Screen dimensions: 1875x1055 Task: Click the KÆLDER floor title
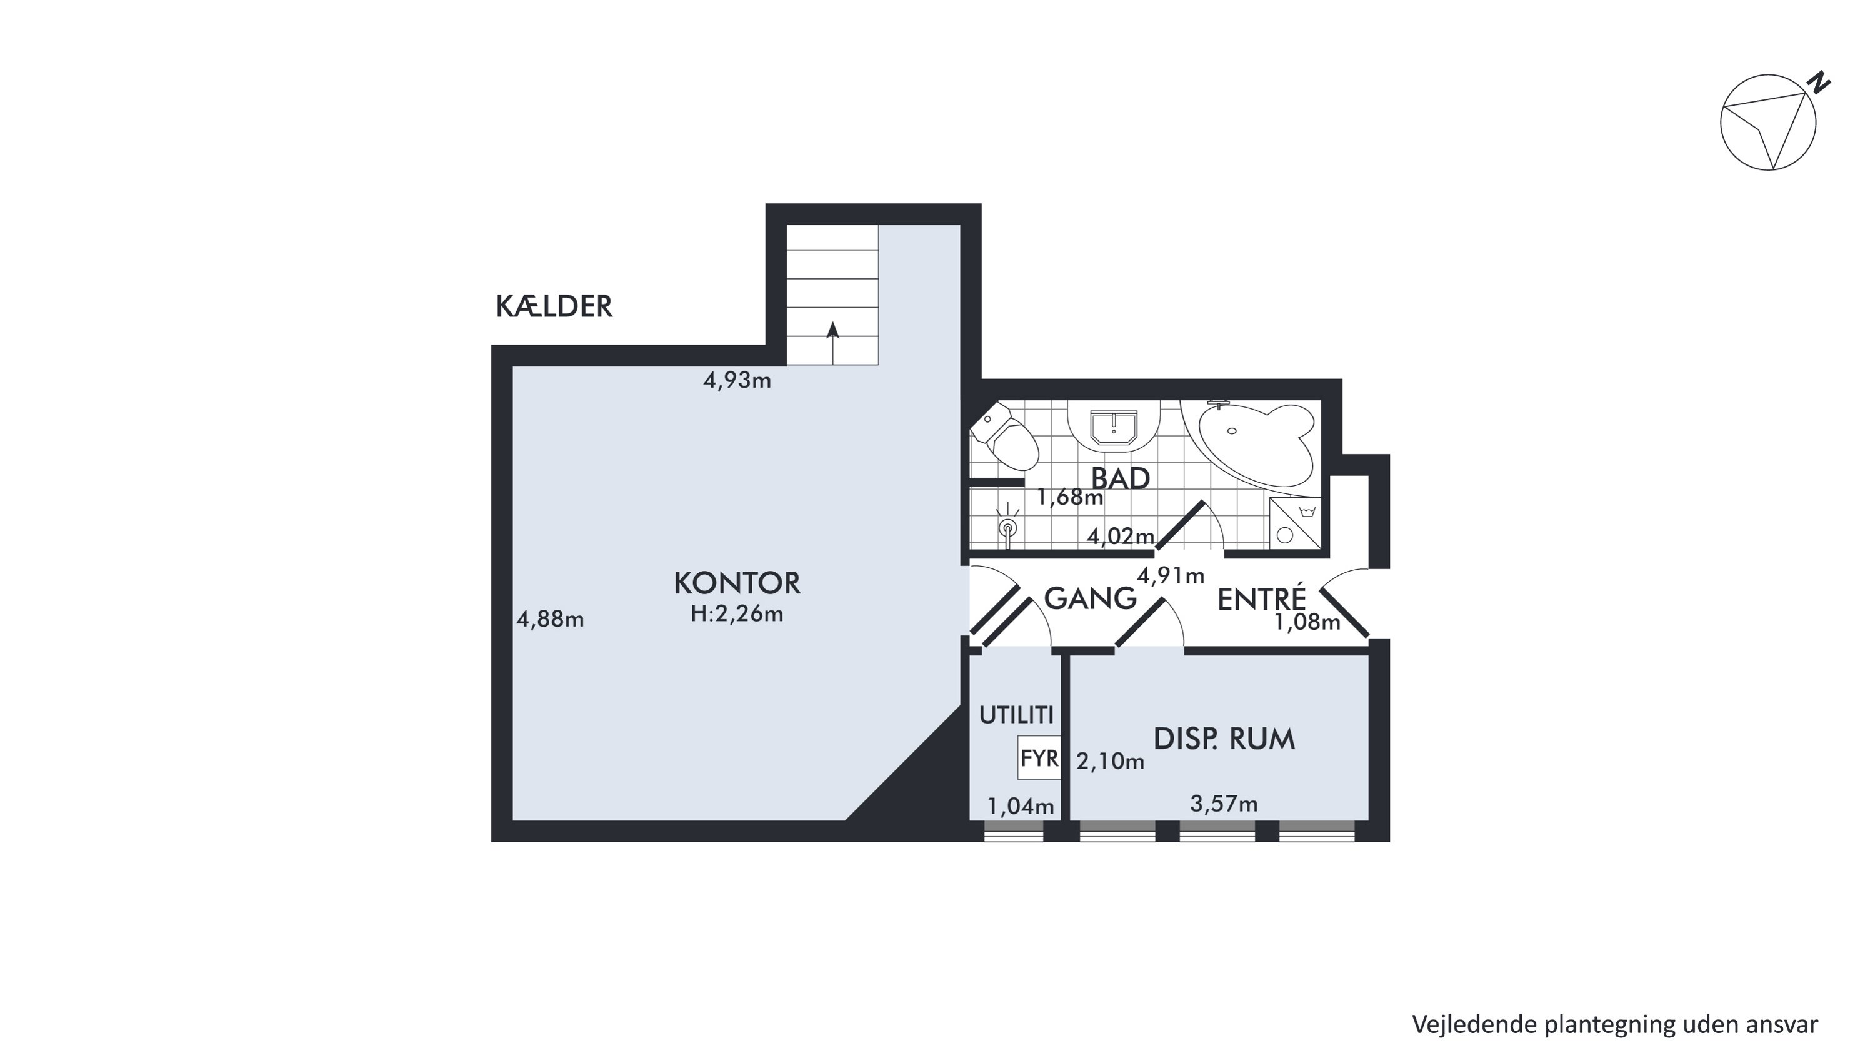(x=554, y=306)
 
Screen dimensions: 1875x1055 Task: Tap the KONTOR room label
(x=737, y=583)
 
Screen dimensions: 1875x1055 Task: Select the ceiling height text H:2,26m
(x=737, y=613)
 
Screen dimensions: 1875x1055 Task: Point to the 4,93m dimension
(x=737, y=380)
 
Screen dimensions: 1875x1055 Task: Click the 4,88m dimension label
(x=550, y=619)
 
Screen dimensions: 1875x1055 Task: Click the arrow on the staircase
(x=833, y=342)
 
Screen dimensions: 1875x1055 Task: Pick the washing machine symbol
(x=1295, y=523)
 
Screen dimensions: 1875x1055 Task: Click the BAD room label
(x=1120, y=478)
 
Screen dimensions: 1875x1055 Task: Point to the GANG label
(x=1091, y=598)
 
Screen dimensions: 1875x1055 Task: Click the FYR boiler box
(x=1039, y=758)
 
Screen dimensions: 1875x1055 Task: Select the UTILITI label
(x=1016, y=715)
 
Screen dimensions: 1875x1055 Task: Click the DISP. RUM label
(x=1224, y=739)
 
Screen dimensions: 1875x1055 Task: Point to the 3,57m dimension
(x=1224, y=804)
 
